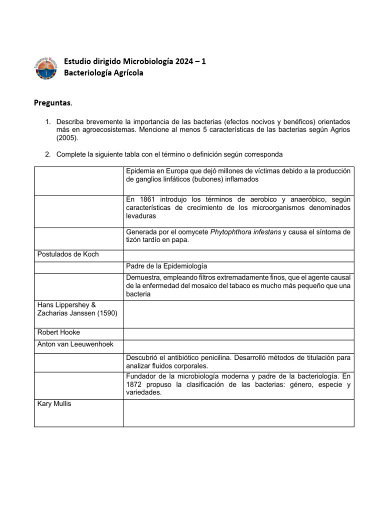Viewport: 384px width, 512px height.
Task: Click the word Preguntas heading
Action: [52, 103]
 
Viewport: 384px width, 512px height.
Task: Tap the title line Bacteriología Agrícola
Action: [103, 73]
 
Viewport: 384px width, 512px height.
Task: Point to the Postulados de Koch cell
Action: [68, 254]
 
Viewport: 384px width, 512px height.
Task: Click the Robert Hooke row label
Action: [59, 332]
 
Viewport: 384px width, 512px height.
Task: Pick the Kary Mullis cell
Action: [54, 403]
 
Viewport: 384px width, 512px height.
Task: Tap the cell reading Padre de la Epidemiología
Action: [166, 266]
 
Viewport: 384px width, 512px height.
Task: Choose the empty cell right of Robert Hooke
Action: [238, 332]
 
